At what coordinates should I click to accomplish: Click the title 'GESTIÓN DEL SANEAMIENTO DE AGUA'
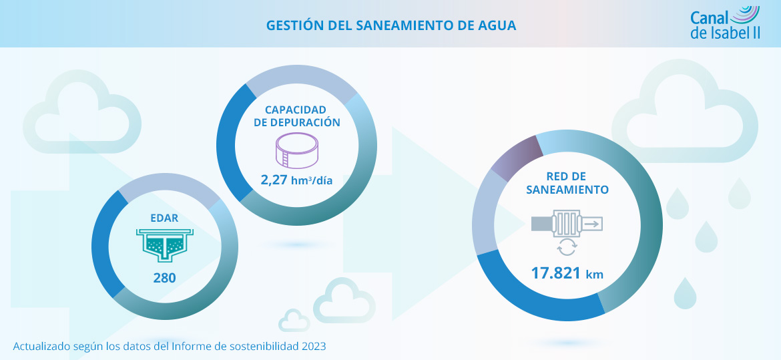390,25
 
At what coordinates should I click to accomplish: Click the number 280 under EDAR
164,277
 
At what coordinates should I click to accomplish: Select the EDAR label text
164,217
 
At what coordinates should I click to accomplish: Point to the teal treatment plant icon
164,244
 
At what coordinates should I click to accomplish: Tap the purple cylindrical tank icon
297,150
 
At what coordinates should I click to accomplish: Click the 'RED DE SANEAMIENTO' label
567,183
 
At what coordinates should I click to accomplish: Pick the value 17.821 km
567,273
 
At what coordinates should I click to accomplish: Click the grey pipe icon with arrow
567,222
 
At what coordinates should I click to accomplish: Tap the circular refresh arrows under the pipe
567,247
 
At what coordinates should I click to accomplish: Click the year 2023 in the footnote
314,347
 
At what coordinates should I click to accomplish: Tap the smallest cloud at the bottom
294,321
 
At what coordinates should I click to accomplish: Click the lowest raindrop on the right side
685,294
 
